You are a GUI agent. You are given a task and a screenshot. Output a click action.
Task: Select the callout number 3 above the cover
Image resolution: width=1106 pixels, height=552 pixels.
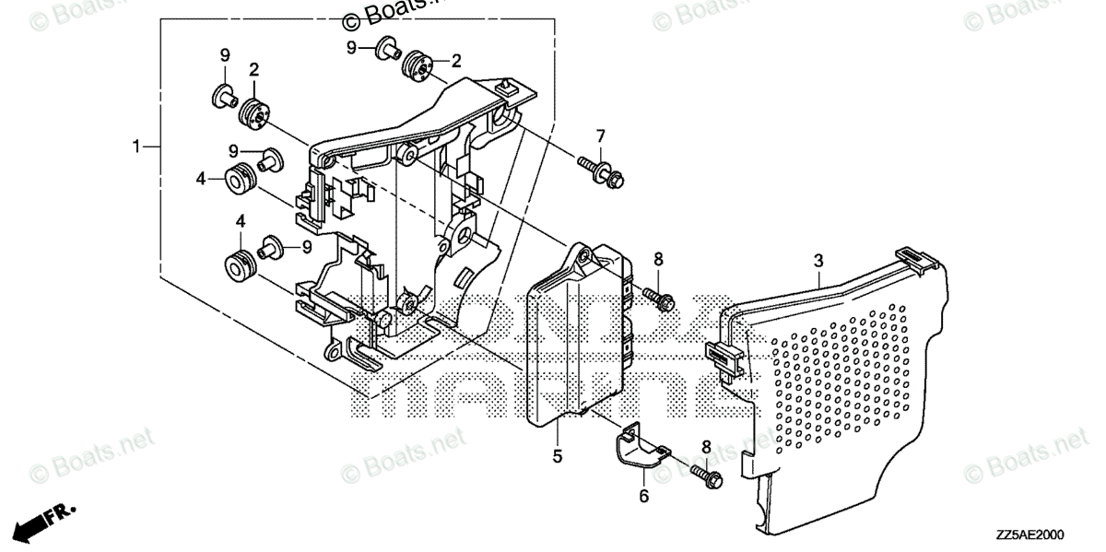pos(818,262)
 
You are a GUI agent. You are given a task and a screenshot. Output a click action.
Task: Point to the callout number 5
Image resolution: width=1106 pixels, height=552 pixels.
pos(557,455)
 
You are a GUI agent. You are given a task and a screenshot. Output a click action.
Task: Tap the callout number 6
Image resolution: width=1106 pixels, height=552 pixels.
pos(644,497)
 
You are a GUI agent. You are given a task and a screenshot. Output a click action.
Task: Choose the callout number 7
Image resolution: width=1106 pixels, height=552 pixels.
pos(600,137)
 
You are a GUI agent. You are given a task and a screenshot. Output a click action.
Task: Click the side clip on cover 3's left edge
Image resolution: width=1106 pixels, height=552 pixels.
pos(724,358)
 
